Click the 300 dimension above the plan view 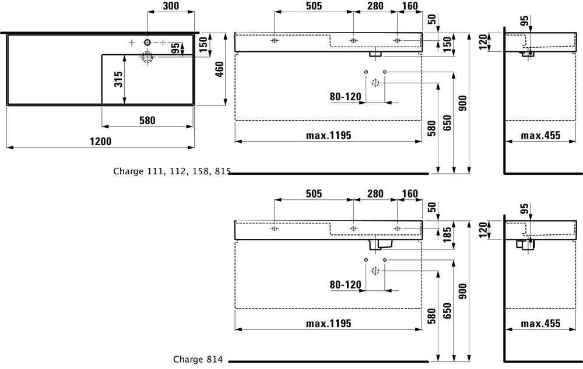(x=171, y=6)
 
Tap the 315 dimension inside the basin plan (x=118, y=80)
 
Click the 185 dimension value (x=447, y=234)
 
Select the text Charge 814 (x=198, y=360)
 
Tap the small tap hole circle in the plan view (x=147, y=42)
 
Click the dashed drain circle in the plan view (x=147, y=57)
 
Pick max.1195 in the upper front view (x=328, y=135)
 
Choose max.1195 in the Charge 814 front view (x=328, y=324)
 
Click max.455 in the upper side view (x=540, y=135)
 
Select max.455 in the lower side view (x=540, y=324)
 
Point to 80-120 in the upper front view (x=346, y=96)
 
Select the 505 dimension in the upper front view (x=314, y=6)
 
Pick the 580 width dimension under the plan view (x=147, y=120)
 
